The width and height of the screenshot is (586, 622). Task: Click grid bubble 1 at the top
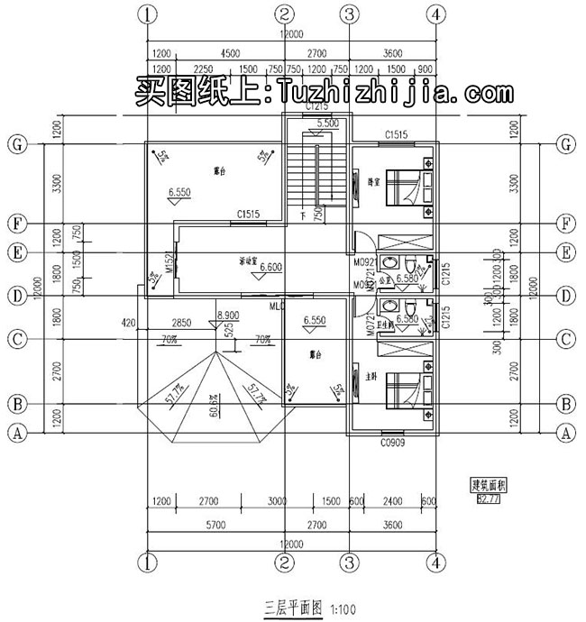[x=149, y=14]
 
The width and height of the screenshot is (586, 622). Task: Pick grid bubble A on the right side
[x=566, y=433]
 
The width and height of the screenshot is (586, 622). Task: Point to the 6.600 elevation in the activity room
[x=273, y=268]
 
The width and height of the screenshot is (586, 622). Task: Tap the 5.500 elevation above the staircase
[x=328, y=123]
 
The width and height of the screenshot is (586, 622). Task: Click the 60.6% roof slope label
[x=214, y=412]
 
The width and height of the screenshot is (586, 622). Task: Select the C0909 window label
[x=390, y=442]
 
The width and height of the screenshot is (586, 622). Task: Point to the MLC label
[x=277, y=307]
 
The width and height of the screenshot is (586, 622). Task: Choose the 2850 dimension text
[x=181, y=322]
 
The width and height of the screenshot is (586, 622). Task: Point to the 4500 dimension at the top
[x=230, y=53]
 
